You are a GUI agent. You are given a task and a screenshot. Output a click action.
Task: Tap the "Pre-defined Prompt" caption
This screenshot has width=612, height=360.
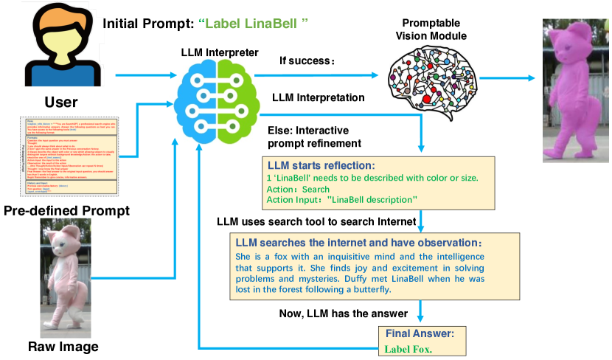point(67,212)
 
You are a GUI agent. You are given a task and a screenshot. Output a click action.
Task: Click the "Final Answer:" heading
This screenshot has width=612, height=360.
point(419,333)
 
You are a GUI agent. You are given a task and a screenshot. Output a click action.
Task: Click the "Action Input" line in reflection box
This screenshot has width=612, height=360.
point(342,199)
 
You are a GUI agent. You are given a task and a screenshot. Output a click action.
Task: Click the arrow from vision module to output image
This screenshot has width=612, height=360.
point(509,76)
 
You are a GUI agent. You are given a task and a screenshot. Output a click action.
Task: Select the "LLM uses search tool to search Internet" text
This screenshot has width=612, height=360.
point(315,222)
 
